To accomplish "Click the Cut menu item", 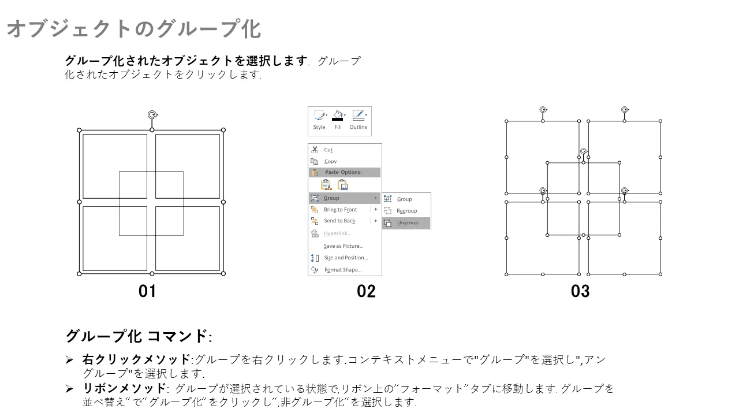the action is [x=328, y=150].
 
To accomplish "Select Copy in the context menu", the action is [x=330, y=161].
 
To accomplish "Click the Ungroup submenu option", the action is [x=407, y=223].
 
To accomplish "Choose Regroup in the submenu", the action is [x=406, y=211].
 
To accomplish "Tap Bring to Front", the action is [x=340, y=210].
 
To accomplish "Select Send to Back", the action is [x=339, y=221].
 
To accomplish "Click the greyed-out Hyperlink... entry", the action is [x=337, y=233].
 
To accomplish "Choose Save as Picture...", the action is [x=343, y=246].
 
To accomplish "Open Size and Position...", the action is [x=345, y=258].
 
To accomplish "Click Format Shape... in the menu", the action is [x=343, y=270].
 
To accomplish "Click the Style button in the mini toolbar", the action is [x=319, y=120].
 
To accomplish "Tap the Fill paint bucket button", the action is [x=338, y=120].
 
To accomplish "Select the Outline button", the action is [x=359, y=120].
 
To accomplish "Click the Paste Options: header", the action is [x=343, y=172].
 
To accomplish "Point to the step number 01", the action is [x=147, y=291].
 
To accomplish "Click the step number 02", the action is [x=366, y=291].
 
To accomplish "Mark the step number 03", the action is [x=580, y=291].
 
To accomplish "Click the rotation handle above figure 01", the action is [x=152, y=115].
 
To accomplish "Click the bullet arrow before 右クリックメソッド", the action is [x=69, y=359].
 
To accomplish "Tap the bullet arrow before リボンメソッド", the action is [x=69, y=389].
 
